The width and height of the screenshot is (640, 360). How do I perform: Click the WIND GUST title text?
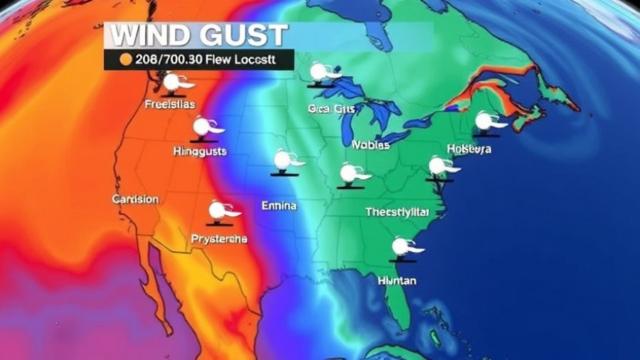click(x=196, y=35)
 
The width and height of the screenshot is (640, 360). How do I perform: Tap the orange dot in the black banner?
click(x=127, y=60)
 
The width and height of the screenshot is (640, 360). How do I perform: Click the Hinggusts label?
click(x=201, y=151)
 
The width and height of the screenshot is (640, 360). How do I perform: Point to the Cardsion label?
click(x=135, y=199)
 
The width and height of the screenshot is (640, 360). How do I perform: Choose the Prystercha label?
click(x=219, y=239)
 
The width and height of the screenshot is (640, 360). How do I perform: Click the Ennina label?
click(x=279, y=206)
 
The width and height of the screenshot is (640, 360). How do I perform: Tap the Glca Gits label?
click(x=331, y=109)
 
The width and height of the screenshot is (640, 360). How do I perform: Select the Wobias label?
click(x=370, y=144)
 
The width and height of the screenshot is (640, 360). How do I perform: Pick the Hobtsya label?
click(x=469, y=149)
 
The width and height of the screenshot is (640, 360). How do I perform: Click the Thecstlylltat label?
click(x=398, y=211)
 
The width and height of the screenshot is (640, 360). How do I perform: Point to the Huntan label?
click(x=398, y=280)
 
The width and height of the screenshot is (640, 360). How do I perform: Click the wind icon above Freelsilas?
click(x=174, y=83)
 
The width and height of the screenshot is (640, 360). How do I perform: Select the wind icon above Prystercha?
click(x=221, y=211)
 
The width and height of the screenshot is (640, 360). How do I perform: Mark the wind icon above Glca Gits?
click(x=323, y=73)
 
